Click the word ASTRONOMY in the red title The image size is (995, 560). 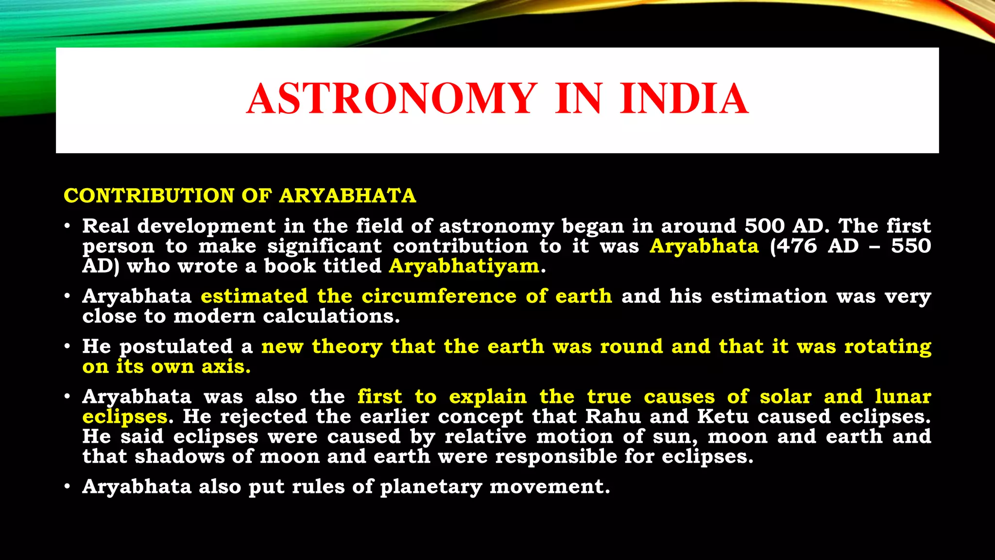[392, 99]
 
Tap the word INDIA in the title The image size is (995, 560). [684, 99]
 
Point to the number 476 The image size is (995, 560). [797, 246]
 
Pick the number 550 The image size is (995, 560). [911, 246]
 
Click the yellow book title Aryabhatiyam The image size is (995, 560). [464, 266]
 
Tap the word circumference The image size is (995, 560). [439, 296]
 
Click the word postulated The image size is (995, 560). [176, 347]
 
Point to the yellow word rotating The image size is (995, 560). [888, 347]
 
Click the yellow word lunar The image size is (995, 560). [903, 397]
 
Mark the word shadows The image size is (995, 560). [180, 456]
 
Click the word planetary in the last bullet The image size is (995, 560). [430, 487]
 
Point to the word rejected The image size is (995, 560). [263, 417]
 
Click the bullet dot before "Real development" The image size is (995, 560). [68, 227]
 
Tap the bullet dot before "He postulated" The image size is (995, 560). [68, 347]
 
